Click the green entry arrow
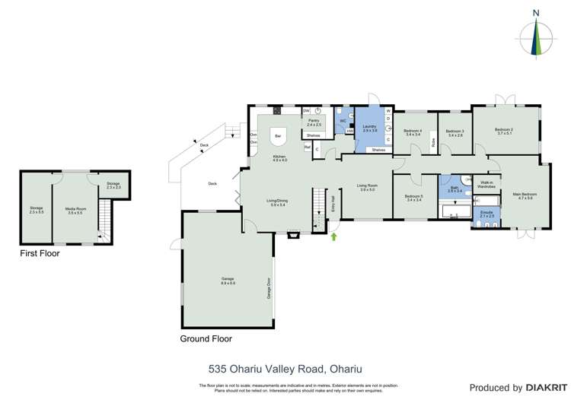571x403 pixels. coord(333,237)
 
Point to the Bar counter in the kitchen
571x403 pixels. coord(278,136)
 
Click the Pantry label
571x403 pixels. coord(314,122)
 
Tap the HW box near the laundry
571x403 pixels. coord(350,131)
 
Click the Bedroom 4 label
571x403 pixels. coord(413,132)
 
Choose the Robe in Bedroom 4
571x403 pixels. coord(433,141)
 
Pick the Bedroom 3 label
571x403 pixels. coord(455,132)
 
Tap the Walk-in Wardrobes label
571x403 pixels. coord(486,184)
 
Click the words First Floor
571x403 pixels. coord(40,253)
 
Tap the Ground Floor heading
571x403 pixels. coord(206,339)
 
